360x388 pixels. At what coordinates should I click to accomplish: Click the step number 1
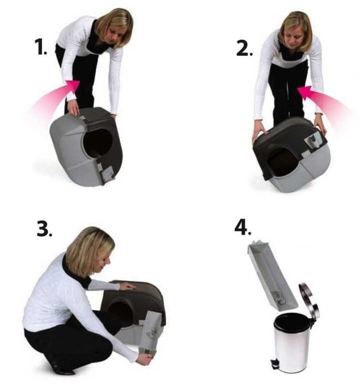tap(42, 49)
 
